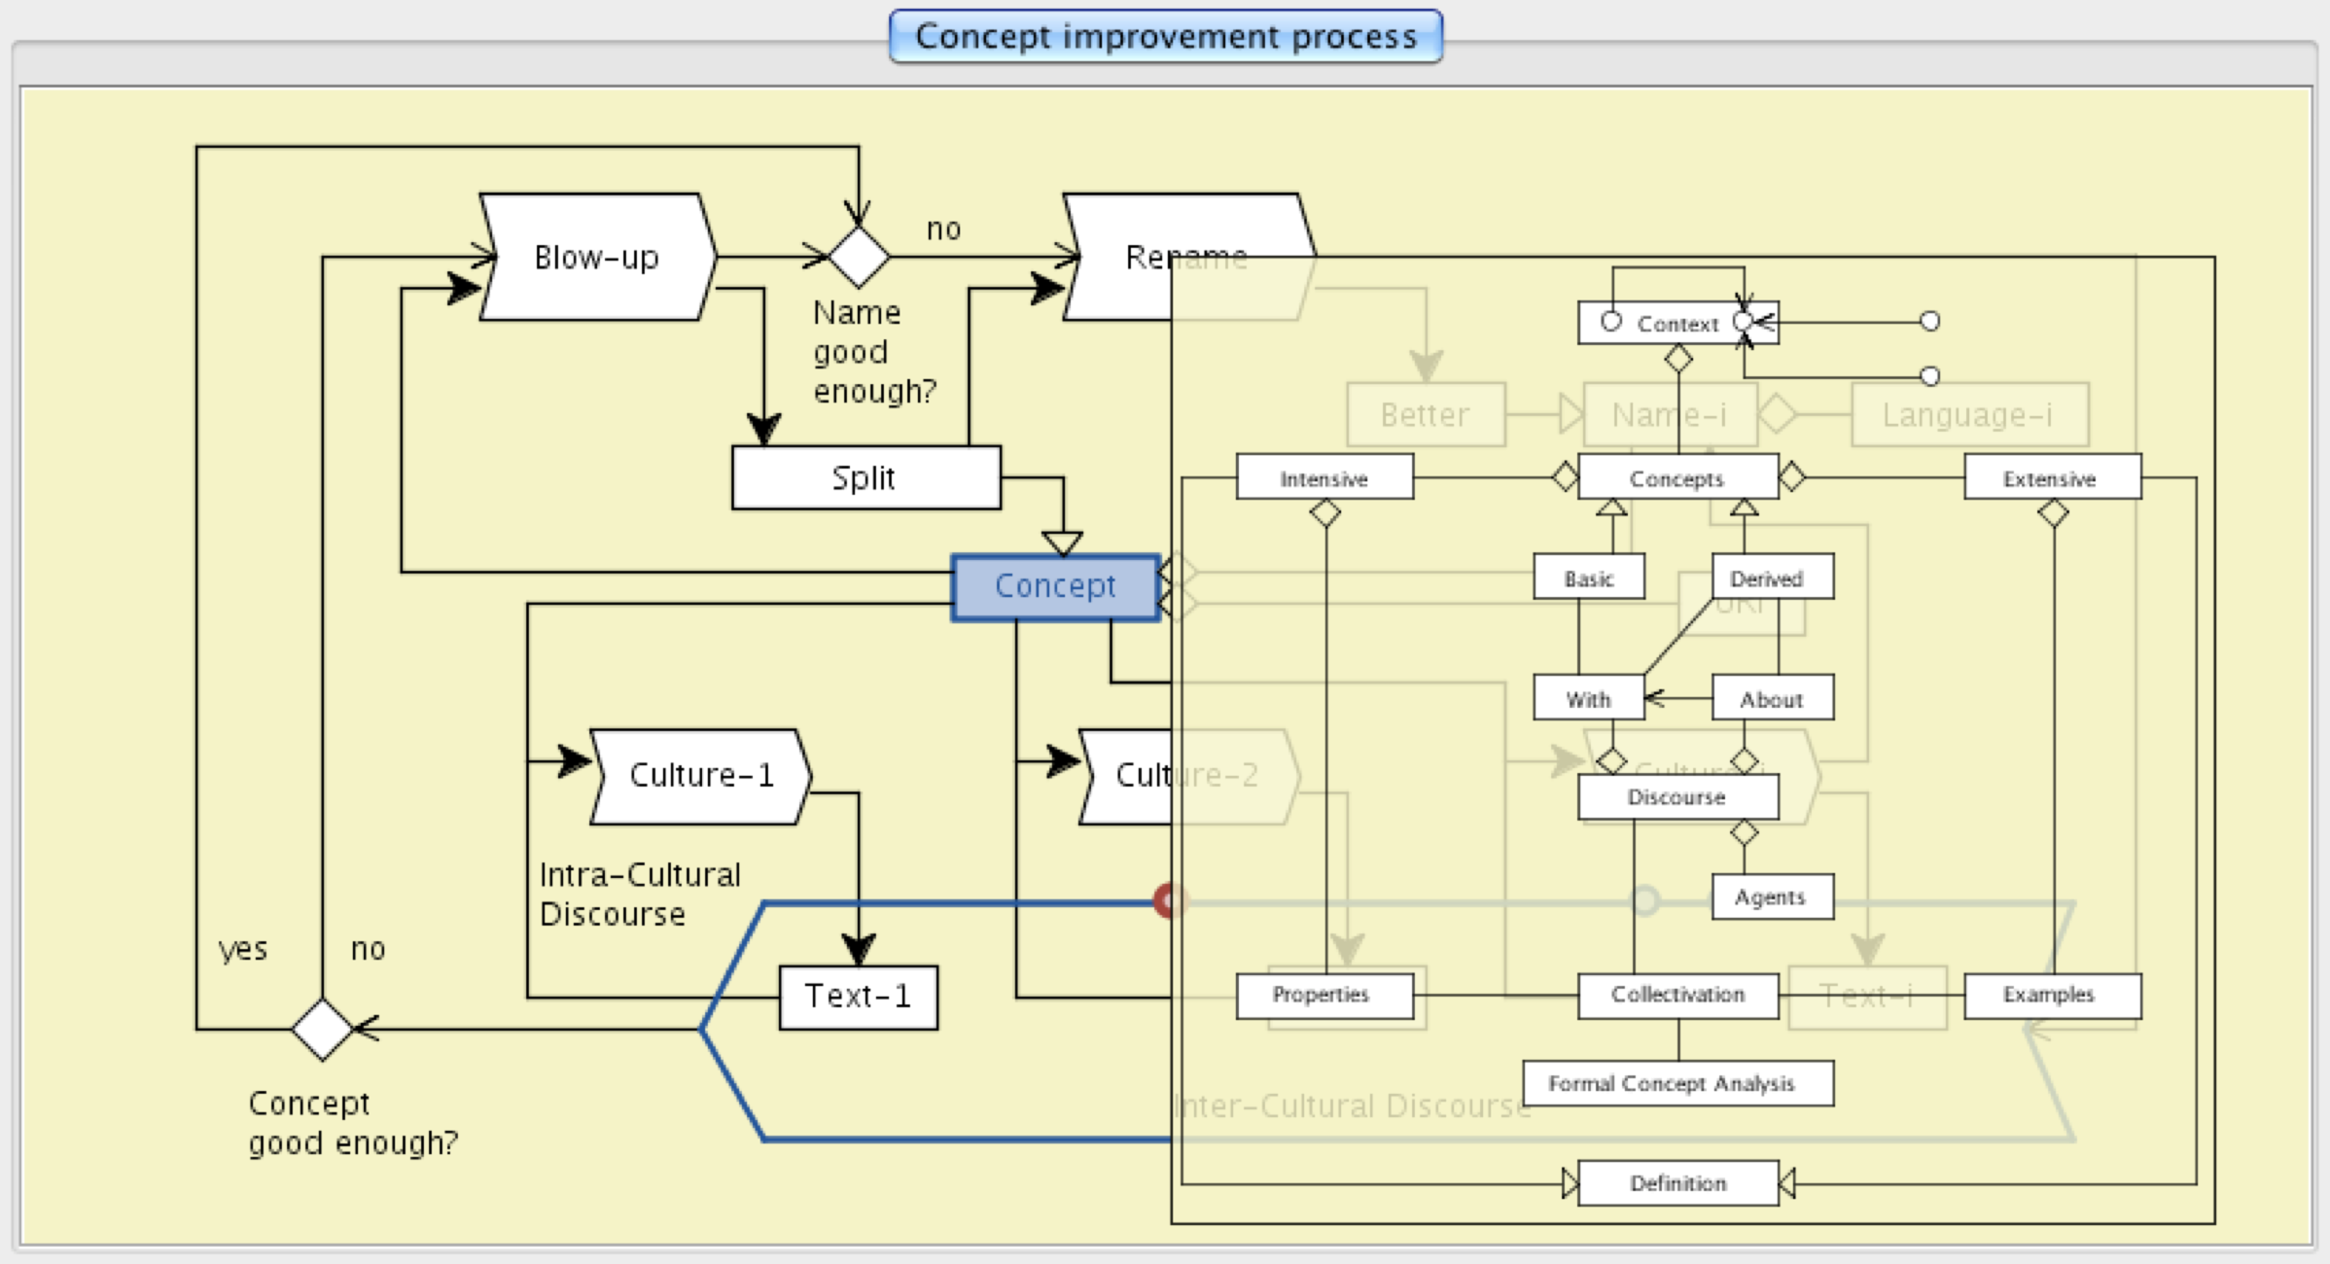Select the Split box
[x=865, y=477]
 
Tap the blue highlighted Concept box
[x=1055, y=586]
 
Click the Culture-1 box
[x=700, y=776]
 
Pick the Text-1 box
[x=858, y=997]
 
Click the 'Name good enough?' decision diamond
[x=859, y=258]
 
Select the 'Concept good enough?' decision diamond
[x=322, y=1028]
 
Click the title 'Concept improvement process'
[x=1165, y=37]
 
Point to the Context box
[x=1677, y=324]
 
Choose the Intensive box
[x=1324, y=478]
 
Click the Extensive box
[x=2051, y=478]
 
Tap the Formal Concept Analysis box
[x=1677, y=1083]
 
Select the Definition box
[x=1677, y=1183]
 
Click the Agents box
[x=1771, y=897]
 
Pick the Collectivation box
[x=1677, y=995]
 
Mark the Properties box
[x=1323, y=995]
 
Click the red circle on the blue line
[x=1168, y=901]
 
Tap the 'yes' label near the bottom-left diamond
[x=242, y=948]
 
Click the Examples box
[x=2051, y=995]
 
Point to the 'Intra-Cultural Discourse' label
[x=639, y=895]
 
